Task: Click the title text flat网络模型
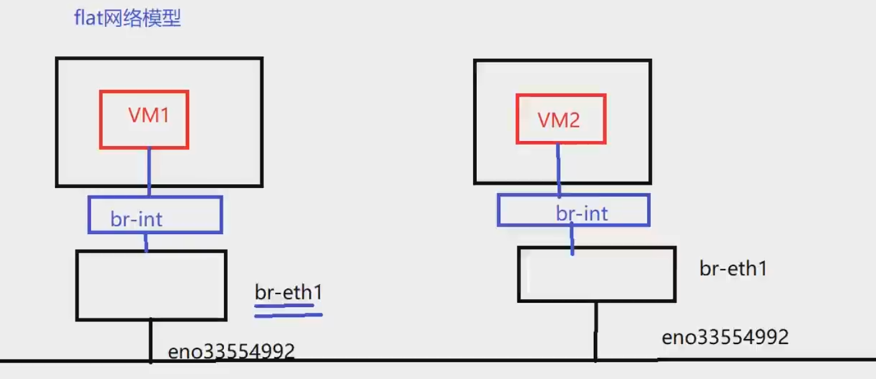(127, 19)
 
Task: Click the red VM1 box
(144, 134)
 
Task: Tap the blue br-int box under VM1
(187, 215)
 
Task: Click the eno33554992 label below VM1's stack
(231, 352)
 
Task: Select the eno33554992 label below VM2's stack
(725, 338)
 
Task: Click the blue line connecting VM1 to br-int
(149, 172)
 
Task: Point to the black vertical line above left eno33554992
(150, 340)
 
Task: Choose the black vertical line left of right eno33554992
(596, 331)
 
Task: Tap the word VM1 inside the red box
(149, 116)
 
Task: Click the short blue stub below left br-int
(146, 242)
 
